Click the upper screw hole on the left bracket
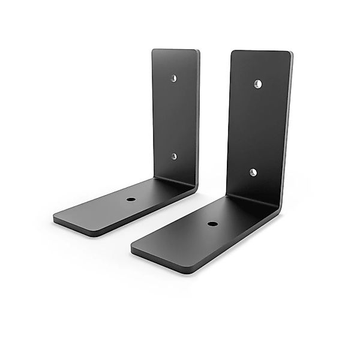click(x=173, y=78)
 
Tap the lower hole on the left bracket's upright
click(x=174, y=156)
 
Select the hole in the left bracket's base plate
click(x=131, y=199)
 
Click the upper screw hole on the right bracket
click(x=258, y=82)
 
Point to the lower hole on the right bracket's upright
click(x=253, y=172)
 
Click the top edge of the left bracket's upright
click(x=175, y=50)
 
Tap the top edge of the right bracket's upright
click(x=261, y=52)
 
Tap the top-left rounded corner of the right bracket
click(x=234, y=53)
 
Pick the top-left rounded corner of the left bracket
click(x=154, y=52)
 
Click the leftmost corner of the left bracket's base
click(x=55, y=218)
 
